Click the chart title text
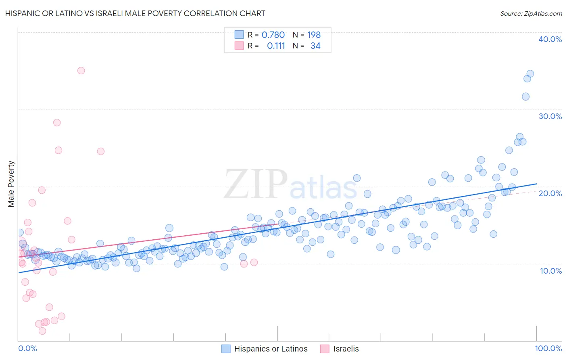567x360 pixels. (x=135, y=13)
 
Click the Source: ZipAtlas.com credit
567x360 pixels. (x=531, y=13)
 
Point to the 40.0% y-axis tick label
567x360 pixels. (x=550, y=39)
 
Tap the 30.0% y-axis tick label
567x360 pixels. (x=550, y=116)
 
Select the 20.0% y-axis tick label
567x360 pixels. (x=550, y=193)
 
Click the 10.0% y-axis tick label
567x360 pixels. (x=551, y=270)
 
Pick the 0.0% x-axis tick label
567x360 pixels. (x=27, y=348)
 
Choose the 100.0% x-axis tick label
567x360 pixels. (x=548, y=348)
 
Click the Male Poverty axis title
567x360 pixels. (x=11, y=184)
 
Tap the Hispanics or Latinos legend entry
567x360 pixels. (x=265, y=349)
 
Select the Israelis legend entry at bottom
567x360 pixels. (x=340, y=349)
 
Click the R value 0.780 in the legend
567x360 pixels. (x=273, y=35)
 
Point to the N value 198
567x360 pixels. (x=314, y=35)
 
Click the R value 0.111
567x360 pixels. (x=276, y=46)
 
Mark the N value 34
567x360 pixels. (x=315, y=46)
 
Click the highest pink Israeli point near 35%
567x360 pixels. (x=81, y=71)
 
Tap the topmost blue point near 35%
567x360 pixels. (x=530, y=74)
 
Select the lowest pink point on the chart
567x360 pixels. (x=42, y=331)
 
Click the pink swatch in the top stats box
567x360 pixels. (x=239, y=46)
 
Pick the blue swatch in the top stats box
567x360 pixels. (x=239, y=35)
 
